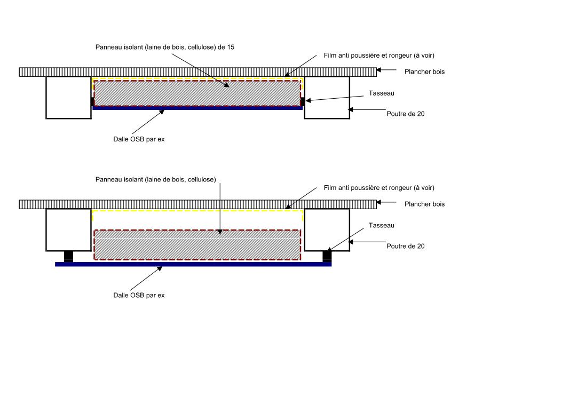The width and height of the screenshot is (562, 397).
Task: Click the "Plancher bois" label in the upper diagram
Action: pyautogui.click(x=424, y=72)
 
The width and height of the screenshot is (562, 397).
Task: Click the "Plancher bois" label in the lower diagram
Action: pyautogui.click(x=424, y=204)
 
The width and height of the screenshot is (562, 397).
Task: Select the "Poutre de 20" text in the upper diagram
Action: pyautogui.click(x=406, y=114)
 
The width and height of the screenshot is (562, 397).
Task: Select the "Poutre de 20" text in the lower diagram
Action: pyautogui.click(x=406, y=246)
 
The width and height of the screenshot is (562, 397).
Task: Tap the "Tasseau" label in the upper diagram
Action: pyautogui.click(x=381, y=93)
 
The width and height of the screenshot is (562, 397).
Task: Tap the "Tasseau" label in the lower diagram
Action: pyautogui.click(x=381, y=225)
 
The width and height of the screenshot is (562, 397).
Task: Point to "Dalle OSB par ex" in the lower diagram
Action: pyautogui.click(x=139, y=295)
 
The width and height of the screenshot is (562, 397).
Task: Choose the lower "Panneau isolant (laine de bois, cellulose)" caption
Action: pyautogui.click(x=155, y=179)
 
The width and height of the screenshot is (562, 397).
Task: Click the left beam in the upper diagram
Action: pyautogui.click(x=68, y=97)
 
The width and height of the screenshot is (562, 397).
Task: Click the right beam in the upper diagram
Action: pyautogui.click(x=327, y=97)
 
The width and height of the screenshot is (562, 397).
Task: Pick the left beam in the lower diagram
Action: pyautogui.click(x=68, y=229)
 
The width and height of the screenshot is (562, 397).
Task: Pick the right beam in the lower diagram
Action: pyautogui.click(x=327, y=229)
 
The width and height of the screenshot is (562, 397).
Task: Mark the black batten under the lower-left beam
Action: pyautogui.click(x=68, y=256)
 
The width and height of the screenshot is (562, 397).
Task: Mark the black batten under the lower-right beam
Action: pyautogui.click(x=327, y=256)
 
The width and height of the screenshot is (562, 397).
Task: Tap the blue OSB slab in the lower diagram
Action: pyautogui.click(x=193, y=264)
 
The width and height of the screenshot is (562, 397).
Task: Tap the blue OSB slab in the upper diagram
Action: pyautogui.click(x=197, y=108)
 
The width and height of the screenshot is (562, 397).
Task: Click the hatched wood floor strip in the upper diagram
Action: pyautogui.click(x=197, y=72)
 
